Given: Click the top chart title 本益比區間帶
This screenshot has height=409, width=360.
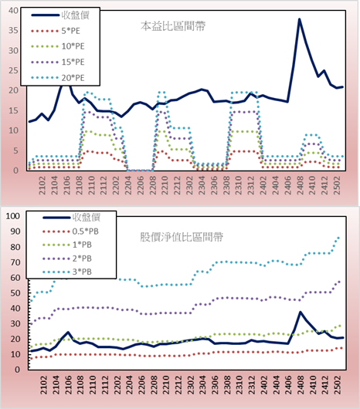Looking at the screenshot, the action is (173, 26).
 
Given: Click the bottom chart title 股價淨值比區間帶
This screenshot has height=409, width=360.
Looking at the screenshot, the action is (182, 237).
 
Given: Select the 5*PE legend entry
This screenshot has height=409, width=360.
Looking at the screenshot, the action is (56, 31).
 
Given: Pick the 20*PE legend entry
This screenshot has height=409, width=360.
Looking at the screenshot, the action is (58, 78).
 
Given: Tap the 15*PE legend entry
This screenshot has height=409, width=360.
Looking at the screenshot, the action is (58, 62).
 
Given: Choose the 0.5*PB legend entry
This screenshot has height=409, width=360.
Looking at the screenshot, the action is (70, 232).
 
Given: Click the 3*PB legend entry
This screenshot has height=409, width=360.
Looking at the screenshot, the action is (67, 272).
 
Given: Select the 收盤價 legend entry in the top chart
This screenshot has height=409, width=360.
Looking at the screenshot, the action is (60, 15).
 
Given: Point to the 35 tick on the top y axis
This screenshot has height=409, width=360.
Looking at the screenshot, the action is (14, 30).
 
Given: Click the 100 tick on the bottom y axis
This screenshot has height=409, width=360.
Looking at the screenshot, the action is (13, 216).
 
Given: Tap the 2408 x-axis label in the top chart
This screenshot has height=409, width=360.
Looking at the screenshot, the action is (300, 185).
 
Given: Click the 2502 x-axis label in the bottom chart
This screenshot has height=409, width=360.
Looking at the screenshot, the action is (338, 385).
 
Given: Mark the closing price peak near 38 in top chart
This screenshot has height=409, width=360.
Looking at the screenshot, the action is (300, 19).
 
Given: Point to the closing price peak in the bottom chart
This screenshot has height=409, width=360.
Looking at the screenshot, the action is (301, 312).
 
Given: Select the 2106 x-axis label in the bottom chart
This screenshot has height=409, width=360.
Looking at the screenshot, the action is (68, 385).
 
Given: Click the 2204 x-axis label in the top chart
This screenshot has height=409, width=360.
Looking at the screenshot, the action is (127, 185).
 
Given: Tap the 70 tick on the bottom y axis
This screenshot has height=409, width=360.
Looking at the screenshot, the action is (15, 262).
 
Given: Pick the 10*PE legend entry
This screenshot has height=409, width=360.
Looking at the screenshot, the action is (58, 46).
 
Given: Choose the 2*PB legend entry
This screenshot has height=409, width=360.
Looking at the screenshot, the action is (67, 259).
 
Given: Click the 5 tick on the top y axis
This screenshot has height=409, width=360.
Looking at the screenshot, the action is (16, 150).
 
